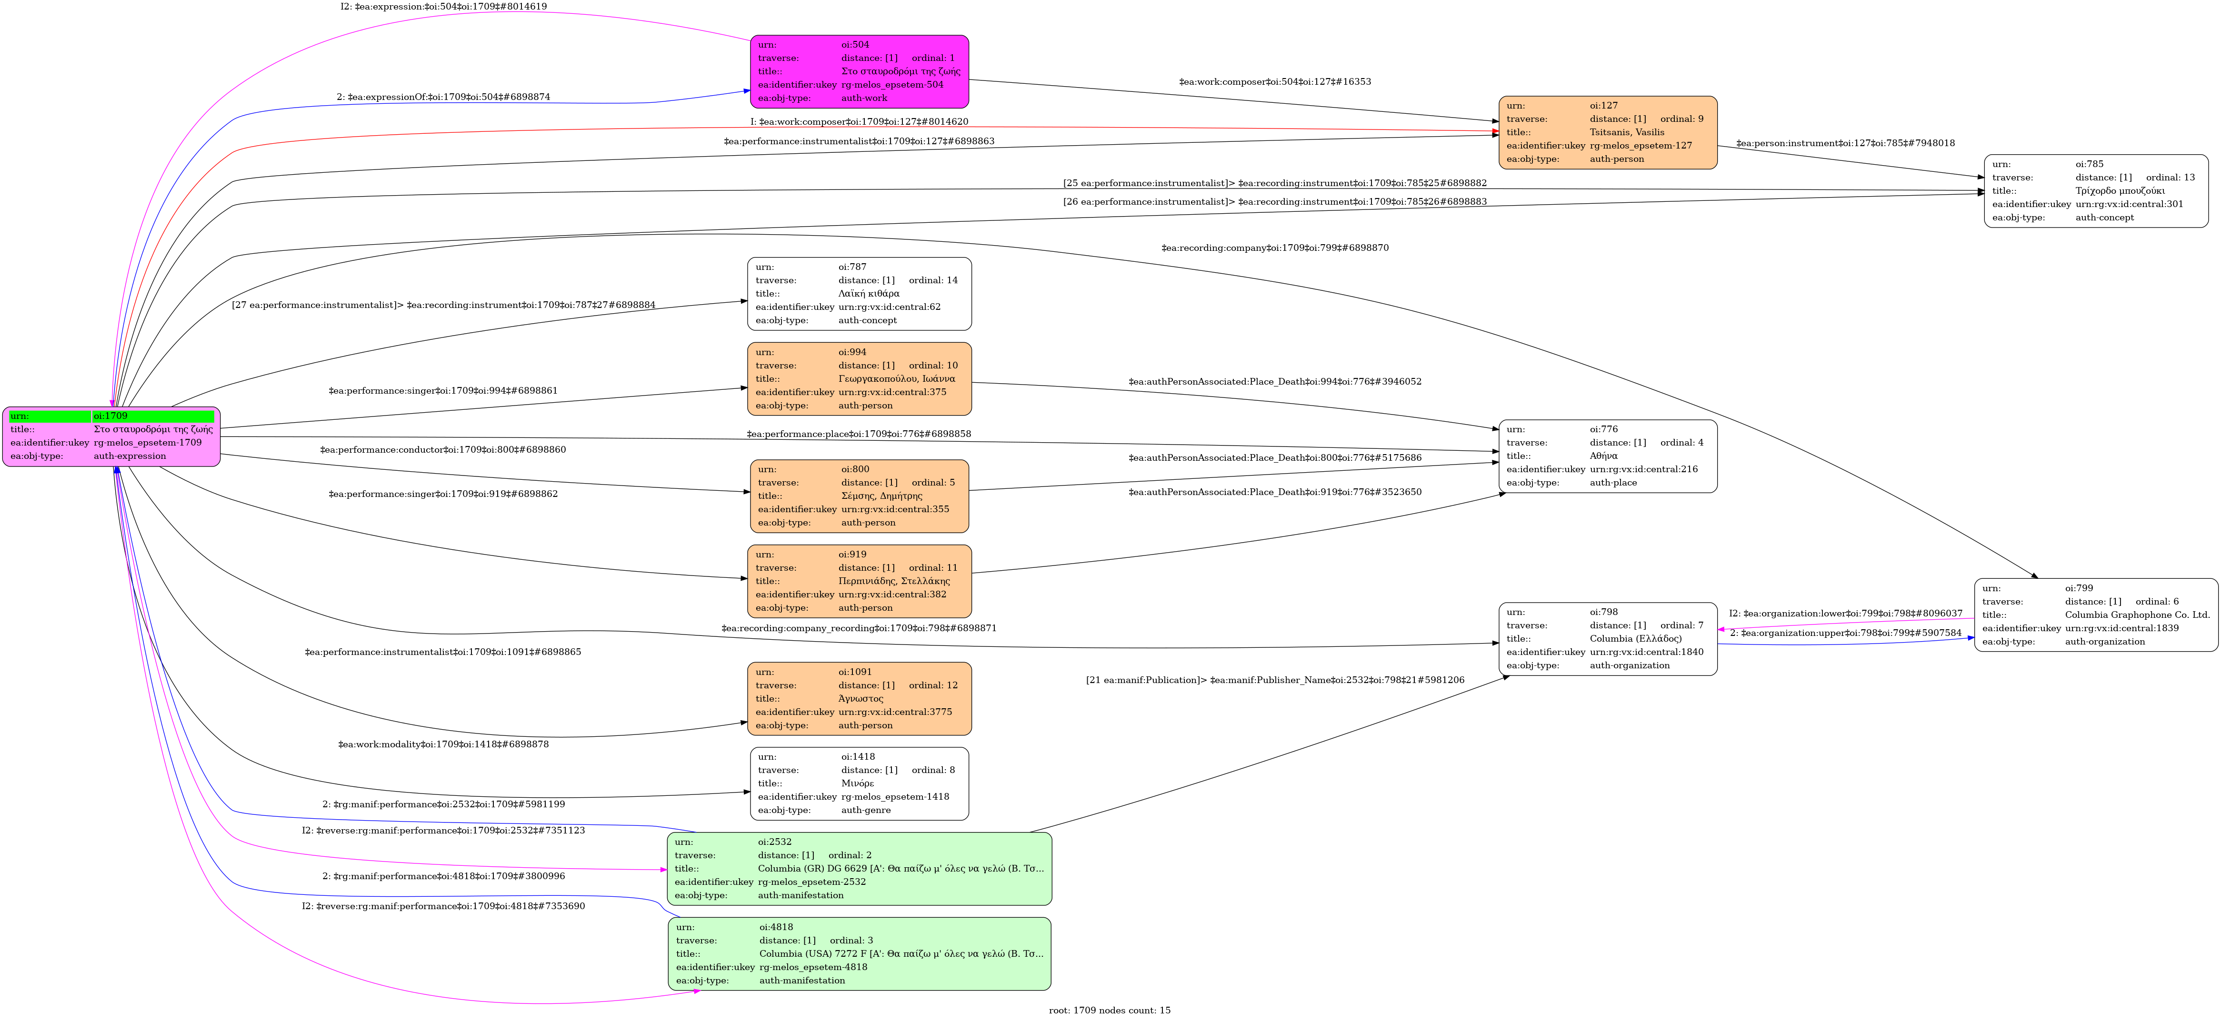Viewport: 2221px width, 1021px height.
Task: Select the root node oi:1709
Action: (111, 436)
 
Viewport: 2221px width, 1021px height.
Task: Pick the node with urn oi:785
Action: (2095, 190)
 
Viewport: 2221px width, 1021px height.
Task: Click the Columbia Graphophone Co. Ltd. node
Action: (2095, 615)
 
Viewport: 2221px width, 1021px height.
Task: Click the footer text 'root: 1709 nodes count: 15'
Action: (1110, 1010)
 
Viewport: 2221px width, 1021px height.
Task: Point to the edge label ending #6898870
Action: (1274, 248)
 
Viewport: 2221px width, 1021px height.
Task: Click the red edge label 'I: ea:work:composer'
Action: (859, 121)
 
